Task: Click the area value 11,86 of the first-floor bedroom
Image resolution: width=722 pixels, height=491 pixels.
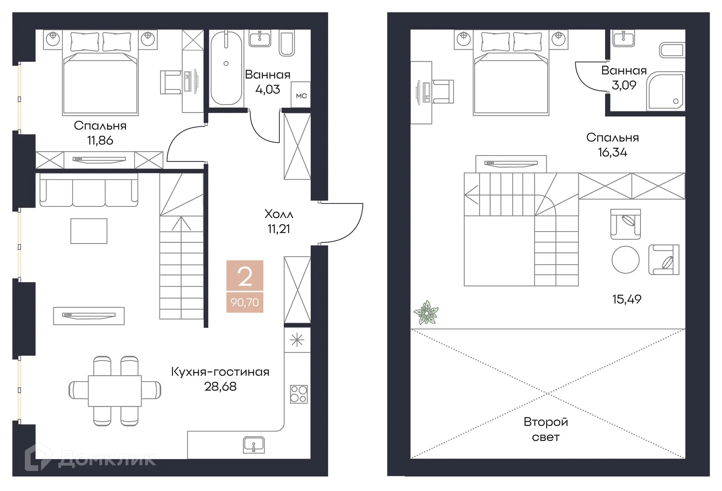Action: click(100, 141)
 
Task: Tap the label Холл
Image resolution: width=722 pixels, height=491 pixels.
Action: click(279, 214)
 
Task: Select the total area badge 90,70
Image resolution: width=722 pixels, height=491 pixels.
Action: click(245, 302)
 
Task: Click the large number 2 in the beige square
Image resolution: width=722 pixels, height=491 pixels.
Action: click(245, 276)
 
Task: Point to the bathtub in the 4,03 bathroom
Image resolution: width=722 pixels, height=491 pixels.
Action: click(226, 68)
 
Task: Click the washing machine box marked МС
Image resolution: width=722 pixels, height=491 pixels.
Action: click(301, 95)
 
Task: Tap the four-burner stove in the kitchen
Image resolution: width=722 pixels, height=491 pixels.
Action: click(299, 394)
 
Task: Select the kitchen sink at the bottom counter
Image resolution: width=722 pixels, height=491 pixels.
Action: click(254, 445)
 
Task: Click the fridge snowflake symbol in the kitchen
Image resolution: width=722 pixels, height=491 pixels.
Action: click(297, 340)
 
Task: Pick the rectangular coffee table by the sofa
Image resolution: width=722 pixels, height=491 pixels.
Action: click(89, 231)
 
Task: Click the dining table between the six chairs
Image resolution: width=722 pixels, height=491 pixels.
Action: click(115, 391)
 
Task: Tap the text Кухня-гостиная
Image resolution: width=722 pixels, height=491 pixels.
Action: click(220, 372)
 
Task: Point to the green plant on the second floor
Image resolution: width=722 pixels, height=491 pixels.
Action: click(426, 312)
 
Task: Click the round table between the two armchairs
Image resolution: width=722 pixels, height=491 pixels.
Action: click(625, 259)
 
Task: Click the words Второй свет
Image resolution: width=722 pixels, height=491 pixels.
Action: click(546, 429)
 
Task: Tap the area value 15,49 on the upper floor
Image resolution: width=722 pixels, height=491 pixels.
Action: click(626, 299)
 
